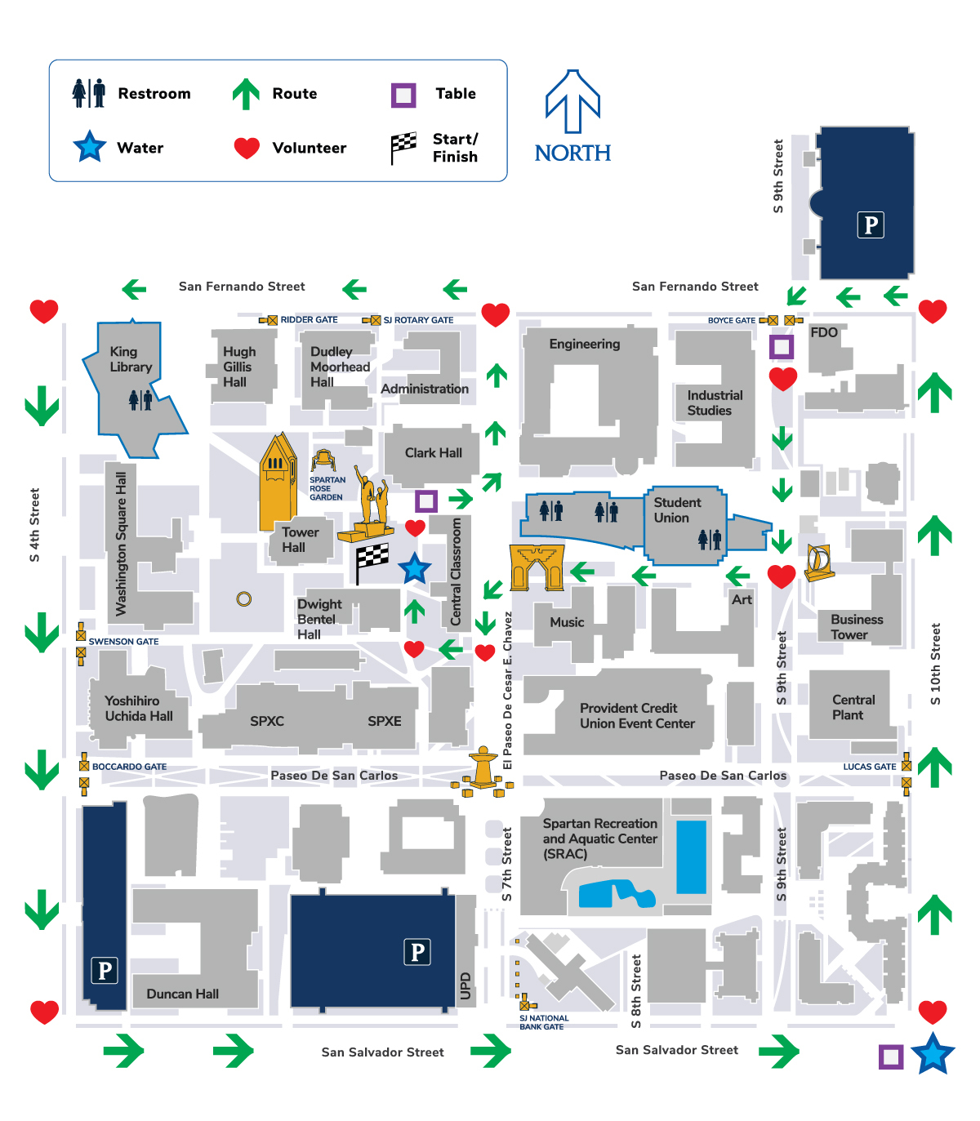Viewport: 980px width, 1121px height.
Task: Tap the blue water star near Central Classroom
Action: (x=414, y=568)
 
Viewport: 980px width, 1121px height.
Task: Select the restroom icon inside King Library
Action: (x=140, y=399)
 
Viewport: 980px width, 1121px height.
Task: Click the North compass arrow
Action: (x=572, y=102)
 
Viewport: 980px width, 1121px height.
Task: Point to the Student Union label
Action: (x=676, y=510)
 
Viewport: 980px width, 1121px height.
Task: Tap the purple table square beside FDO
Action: (x=782, y=347)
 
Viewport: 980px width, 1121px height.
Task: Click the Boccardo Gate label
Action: (x=129, y=767)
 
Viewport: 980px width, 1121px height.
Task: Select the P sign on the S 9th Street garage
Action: (x=871, y=225)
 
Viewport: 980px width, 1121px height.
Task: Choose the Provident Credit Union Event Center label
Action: (x=636, y=716)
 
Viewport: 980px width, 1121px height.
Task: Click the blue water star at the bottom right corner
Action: (x=932, y=1054)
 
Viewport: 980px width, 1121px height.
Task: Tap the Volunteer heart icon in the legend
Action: (x=247, y=148)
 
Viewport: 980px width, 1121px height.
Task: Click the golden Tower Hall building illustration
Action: (x=278, y=482)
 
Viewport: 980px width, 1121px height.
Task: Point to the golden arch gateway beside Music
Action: (x=537, y=567)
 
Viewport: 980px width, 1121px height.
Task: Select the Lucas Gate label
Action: (x=869, y=767)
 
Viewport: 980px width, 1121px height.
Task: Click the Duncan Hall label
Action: (x=182, y=994)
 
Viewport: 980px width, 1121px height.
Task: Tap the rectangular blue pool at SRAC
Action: (x=691, y=856)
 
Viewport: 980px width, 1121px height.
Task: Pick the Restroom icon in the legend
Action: (x=89, y=93)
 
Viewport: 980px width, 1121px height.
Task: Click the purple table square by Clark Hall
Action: (x=426, y=500)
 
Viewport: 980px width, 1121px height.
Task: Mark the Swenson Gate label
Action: (x=123, y=642)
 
